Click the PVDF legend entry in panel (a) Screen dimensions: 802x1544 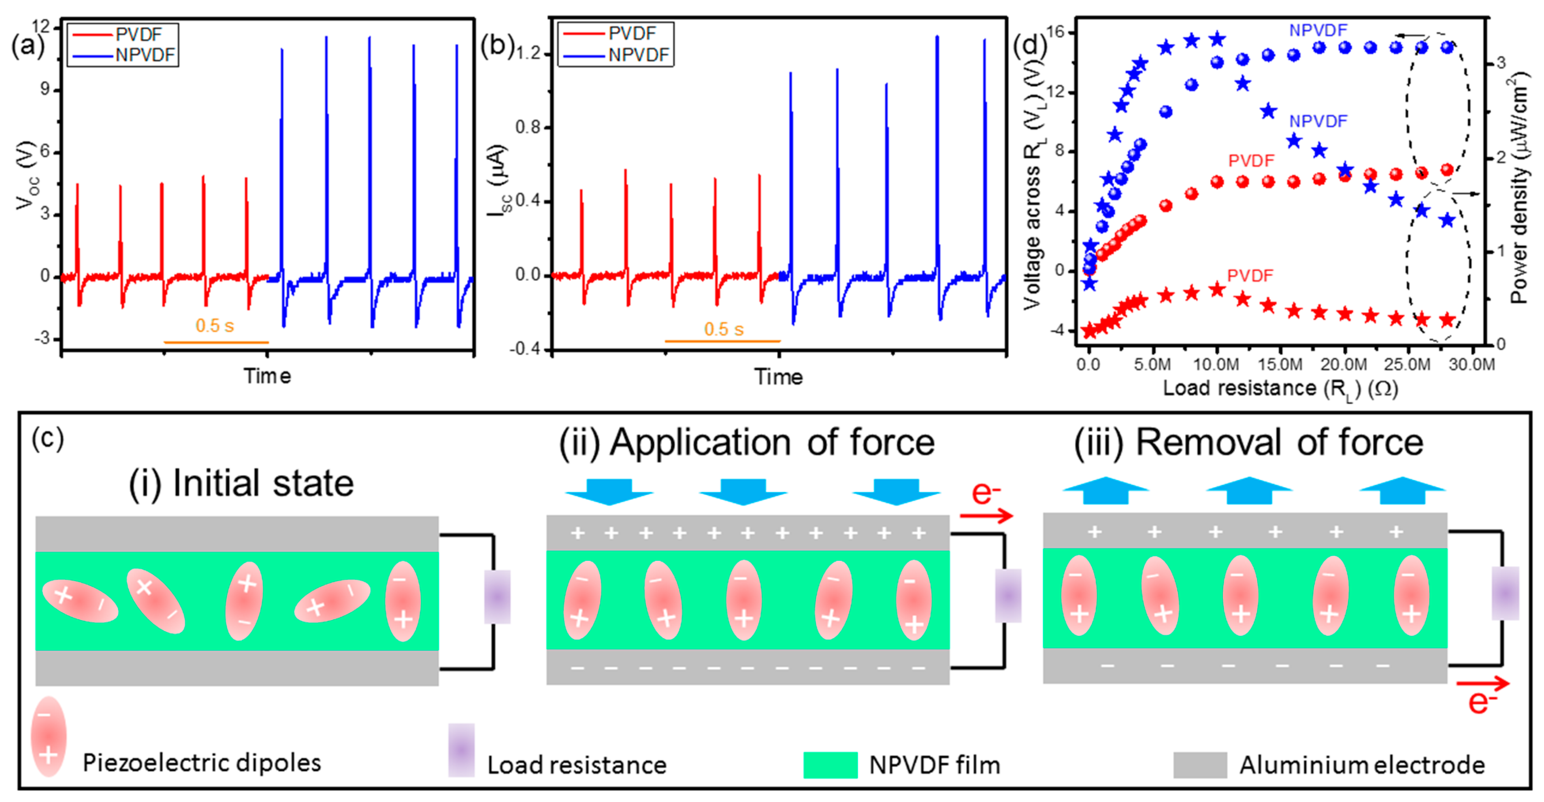click(x=138, y=34)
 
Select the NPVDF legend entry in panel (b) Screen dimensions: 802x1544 click(x=638, y=55)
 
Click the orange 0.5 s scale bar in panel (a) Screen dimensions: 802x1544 click(x=216, y=342)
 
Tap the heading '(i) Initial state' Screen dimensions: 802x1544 click(x=241, y=484)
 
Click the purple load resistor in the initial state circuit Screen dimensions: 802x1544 click(x=497, y=597)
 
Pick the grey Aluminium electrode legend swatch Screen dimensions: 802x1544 click(x=1199, y=765)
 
